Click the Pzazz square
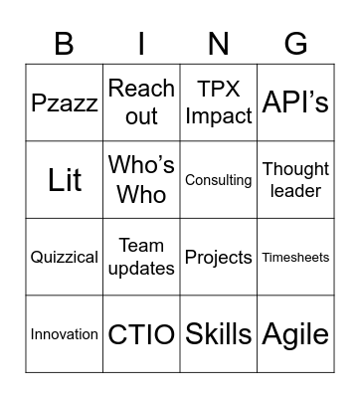pos(65,102)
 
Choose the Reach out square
pos(141,102)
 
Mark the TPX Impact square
pos(219,102)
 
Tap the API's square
pos(295,102)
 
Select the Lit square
pos(65,180)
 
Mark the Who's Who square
pos(141,180)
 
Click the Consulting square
pos(219,180)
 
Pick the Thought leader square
pos(295,180)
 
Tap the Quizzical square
pos(65,257)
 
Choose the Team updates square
pos(141,257)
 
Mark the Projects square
pos(219,257)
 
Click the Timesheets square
pos(295,257)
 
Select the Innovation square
pos(65,334)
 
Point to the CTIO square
pos(141,334)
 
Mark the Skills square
pos(219,334)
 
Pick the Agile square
pos(295,334)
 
